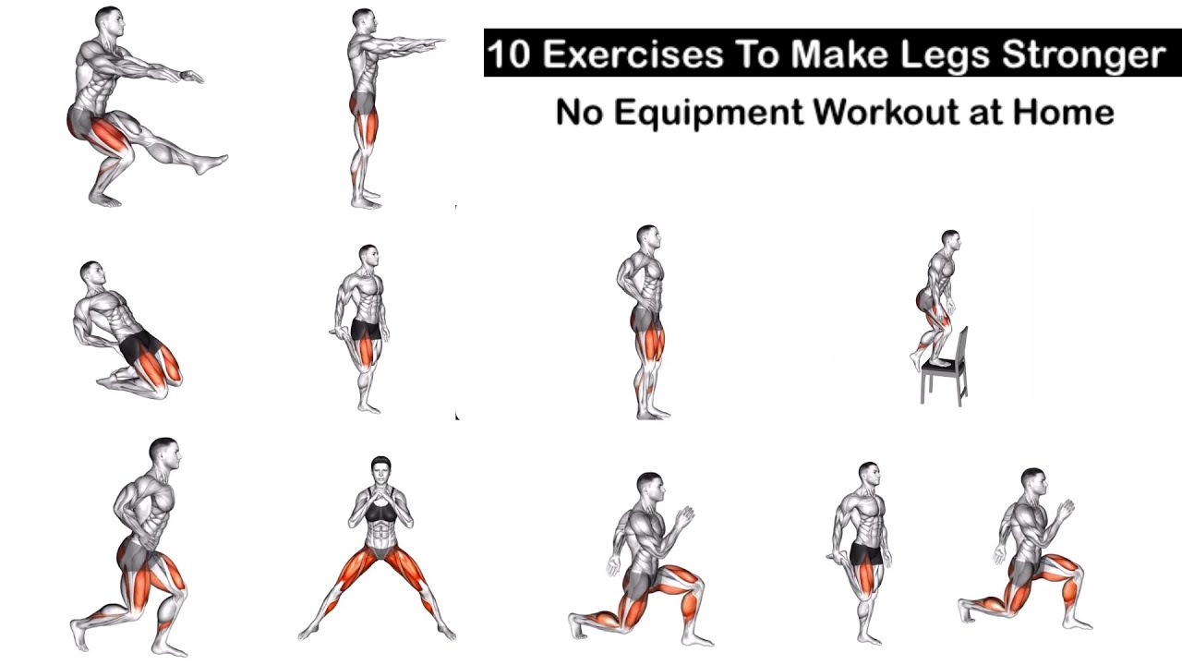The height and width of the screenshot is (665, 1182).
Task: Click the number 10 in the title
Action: coord(511,55)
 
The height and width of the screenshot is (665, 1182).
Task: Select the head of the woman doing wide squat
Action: coord(380,468)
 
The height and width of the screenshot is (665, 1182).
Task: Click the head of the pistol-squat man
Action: coord(108,20)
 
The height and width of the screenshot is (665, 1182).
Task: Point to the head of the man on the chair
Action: coord(950,242)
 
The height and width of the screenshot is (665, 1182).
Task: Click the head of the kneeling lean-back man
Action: coord(90,273)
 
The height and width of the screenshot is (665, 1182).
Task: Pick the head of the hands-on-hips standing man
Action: coord(647,238)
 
